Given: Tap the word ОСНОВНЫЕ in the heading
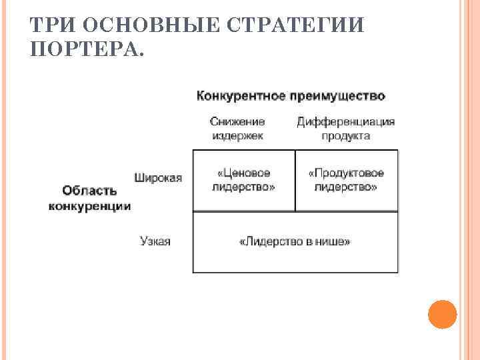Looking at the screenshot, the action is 143,25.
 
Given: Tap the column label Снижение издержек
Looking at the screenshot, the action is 237,129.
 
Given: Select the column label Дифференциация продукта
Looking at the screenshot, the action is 345,129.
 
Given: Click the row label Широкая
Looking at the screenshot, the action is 158,178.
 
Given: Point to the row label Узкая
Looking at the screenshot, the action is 155,241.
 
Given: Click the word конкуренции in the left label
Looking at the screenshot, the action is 89,206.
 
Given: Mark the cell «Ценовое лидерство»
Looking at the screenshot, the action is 243,180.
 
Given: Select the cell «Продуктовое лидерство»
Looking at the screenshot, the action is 346,180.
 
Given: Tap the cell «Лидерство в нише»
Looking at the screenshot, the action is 295,241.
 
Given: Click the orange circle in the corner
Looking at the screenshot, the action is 442,313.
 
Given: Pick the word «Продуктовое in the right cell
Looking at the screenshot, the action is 346,173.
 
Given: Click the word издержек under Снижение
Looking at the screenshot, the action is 237,135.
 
